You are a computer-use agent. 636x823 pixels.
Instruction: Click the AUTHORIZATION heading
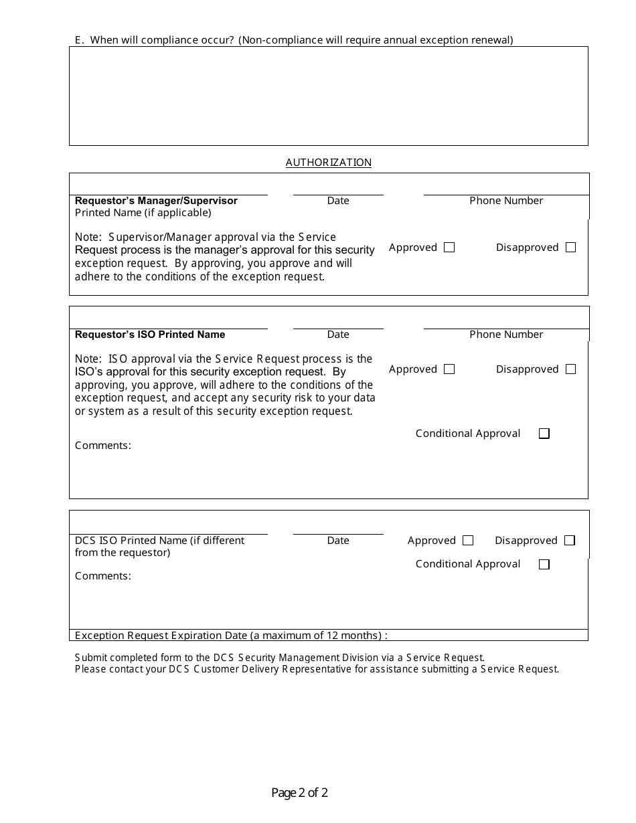point(328,163)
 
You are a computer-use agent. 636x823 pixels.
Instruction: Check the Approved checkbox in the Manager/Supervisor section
point(449,248)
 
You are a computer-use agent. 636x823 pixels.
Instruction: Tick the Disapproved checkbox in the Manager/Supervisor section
point(570,248)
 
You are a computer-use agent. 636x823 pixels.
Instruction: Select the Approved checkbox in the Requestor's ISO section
point(449,369)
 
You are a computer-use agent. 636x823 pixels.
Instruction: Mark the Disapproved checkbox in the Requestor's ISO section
point(570,369)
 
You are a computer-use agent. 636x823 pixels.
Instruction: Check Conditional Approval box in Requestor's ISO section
point(544,434)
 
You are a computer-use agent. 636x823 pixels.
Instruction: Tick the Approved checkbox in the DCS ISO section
point(468,541)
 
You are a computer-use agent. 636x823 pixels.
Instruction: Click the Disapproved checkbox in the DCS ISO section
point(569,541)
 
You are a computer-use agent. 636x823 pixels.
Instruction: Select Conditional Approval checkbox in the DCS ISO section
point(544,564)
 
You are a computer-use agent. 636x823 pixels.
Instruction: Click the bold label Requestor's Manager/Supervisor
point(156,201)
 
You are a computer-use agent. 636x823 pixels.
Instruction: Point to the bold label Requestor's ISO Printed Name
point(150,335)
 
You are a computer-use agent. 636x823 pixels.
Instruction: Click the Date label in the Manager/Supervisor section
point(338,201)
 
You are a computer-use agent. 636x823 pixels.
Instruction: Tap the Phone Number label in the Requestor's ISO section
point(506,335)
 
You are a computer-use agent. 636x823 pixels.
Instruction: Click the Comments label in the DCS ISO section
point(103,576)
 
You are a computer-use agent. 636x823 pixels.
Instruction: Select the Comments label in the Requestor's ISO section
point(103,446)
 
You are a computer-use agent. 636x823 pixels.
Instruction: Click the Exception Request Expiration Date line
point(231,636)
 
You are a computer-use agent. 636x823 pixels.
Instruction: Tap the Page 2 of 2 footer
point(299,794)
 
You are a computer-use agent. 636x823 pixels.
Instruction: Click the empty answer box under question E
point(328,96)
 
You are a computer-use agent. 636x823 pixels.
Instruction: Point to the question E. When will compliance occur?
point(294,40)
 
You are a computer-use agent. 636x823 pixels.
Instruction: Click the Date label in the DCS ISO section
point(338,541)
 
